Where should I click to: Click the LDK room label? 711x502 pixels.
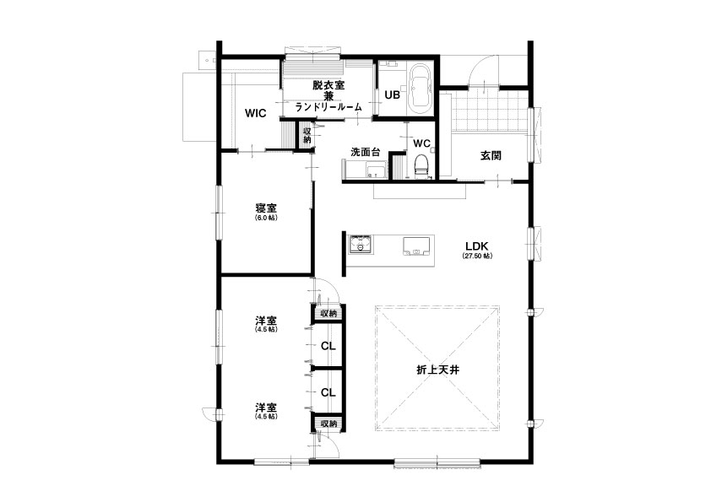(x=476, y=246)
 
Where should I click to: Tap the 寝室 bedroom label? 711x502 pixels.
(x=266, y=208)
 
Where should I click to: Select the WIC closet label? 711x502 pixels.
(x=255, y=113)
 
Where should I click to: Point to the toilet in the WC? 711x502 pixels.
(x=421, y=165)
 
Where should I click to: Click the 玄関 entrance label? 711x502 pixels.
(x=491, y=155)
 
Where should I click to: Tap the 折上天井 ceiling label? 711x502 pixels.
(x=438, y=370)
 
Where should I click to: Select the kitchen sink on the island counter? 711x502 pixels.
(x=415, y=247)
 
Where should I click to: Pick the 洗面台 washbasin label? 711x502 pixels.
(x=365, y=152)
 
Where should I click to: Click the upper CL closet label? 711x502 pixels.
(x=328, y=346)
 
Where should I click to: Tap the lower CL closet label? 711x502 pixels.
(x=328, y=392)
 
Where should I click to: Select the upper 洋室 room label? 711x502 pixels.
(x=266, y=321)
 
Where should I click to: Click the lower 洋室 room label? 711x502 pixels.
(x=266, y=408)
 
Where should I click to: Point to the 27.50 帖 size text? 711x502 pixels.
(x=477, y=256)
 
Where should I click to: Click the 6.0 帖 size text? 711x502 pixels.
(x=266, y=218)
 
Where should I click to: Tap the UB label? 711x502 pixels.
(x=392, y=95)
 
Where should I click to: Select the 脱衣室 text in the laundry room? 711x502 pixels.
(x=328, y=84)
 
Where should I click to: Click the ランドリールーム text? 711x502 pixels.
(x=328, y=107)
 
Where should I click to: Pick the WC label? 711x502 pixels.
(x=421, y=143)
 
